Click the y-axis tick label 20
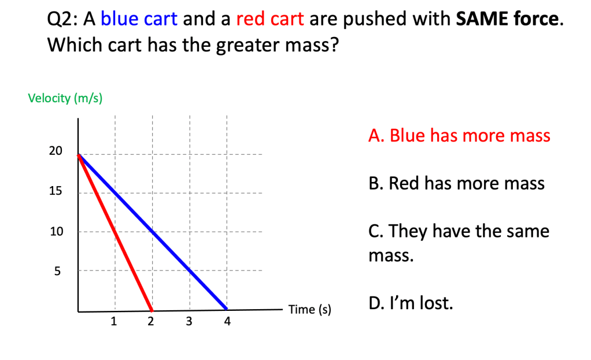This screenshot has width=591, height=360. tap(56, 151)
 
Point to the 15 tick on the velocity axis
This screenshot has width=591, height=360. tap(56, 191)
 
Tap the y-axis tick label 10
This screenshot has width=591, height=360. tap(57, 231)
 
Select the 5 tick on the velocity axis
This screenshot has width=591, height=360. tap(57, 271)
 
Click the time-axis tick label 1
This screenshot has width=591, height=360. tap(114, 321)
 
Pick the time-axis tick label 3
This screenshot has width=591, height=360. tap(189, 321)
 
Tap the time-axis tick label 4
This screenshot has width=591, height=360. tap(227, 321)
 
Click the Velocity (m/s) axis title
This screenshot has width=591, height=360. tap(65, 98)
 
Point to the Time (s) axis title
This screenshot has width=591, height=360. tap(310, 310)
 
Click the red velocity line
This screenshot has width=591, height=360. tap(115, 233)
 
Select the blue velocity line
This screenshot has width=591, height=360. tap(153, 232)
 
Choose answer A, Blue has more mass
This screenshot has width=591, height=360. tap(459, 136)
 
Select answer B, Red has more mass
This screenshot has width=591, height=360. tap(456, 183)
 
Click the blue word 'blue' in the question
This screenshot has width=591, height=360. tap(120, 19)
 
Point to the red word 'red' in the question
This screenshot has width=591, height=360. tap(250, 20)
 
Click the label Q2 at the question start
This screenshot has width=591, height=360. tap(60, 20)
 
